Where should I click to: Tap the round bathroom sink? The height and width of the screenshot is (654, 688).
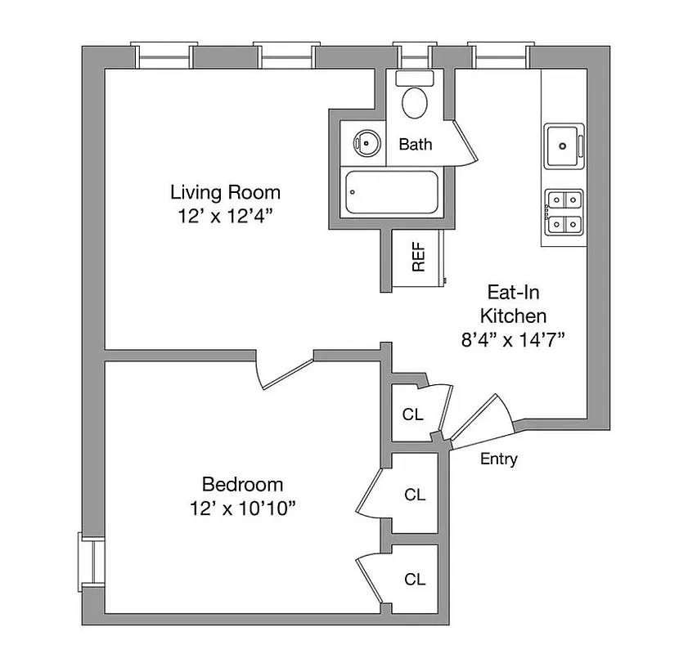(367, 145)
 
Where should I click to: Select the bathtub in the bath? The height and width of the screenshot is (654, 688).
(391, 193)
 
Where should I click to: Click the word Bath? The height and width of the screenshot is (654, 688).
(416, 145)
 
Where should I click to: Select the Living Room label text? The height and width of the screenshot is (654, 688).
(225, 193)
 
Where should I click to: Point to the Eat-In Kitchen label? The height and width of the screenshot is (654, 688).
(514, 303)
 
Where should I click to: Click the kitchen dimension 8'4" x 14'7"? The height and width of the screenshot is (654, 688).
(514, 340)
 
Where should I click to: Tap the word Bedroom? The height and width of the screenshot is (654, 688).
(242, 483)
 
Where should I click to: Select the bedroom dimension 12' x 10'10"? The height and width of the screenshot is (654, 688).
(242, 508)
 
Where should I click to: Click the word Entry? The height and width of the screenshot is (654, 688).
(498, 459)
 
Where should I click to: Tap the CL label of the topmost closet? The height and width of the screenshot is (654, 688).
(413, 414)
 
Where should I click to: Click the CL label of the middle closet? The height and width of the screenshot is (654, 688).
(416, 495)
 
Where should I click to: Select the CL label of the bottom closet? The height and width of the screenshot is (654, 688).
(416, 580)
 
